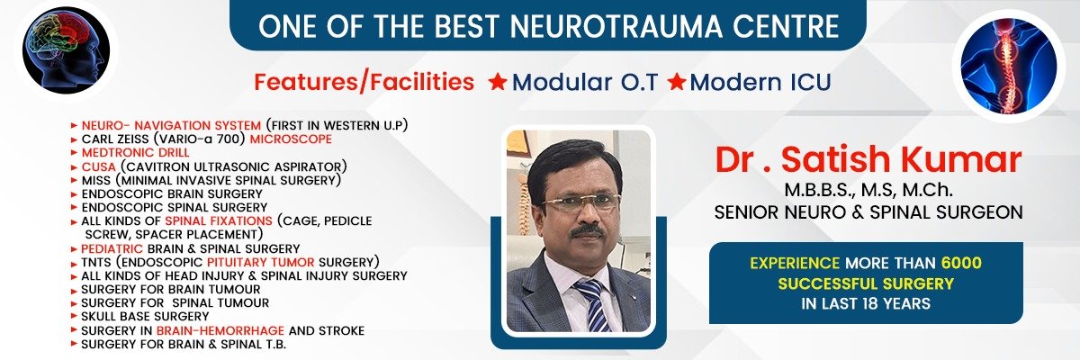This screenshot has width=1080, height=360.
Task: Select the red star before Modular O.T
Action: point(497,81)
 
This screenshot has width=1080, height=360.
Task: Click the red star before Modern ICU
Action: point(677,81)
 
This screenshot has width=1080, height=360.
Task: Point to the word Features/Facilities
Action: point(364,82)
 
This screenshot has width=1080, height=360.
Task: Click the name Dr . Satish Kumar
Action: point(868,159)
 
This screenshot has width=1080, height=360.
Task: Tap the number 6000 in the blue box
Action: point(961,263)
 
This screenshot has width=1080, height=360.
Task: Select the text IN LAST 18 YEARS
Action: point(866,303)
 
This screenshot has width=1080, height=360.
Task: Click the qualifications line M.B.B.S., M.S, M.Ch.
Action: point(868,190)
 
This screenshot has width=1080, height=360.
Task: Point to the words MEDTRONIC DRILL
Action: point(136,153)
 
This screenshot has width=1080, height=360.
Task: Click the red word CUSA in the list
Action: point(99,166)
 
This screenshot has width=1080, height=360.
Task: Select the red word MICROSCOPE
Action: point(291,139)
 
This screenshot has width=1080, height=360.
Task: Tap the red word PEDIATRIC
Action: point(112,248)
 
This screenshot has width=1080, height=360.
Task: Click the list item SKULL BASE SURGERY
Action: point(145,316)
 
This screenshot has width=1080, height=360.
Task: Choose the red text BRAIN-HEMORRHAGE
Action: point(220,330)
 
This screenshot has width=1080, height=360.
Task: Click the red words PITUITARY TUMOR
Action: point(261,262)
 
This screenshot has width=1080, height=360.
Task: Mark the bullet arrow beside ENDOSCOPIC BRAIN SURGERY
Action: point(74,194)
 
